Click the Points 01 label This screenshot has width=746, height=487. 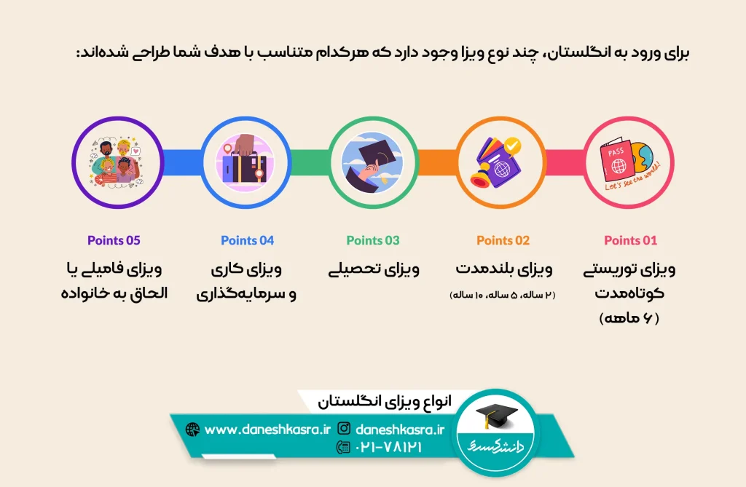point(630,240)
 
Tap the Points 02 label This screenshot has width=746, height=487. point(503,240)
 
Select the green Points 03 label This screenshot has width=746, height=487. point(373,240)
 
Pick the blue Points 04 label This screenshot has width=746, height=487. point(248,240)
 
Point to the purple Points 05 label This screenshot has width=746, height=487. point(114,240)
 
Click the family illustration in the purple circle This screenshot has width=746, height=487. point(117,162)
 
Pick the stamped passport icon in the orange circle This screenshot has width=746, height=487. point(498,162)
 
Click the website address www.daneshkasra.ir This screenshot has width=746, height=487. point(267,429)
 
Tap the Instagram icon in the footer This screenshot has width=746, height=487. point(344,429)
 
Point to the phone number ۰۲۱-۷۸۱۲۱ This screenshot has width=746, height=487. point(388,447)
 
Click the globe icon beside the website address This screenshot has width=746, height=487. point(192,429)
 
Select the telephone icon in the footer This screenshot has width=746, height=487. point(343,447)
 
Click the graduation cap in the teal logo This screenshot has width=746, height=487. point(496,416)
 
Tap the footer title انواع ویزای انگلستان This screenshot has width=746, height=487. point(385,402)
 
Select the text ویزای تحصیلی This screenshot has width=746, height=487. point(374,269)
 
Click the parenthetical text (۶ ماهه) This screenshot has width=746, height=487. point(629,317)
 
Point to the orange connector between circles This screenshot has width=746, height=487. point(438,162)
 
